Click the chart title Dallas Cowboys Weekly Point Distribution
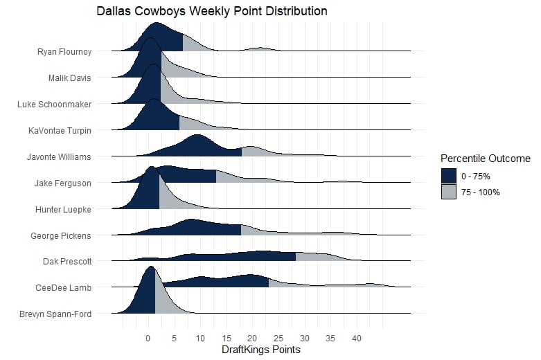click(212, 12)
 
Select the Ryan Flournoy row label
click(64, 51)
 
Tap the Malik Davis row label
click(70, 78)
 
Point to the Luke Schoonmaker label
click(54, 104)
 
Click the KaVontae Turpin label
click(60, 130)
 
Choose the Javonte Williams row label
click(58, 156)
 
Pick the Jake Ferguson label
click(63, 183)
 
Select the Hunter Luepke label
click(64, 209)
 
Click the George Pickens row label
click(61, 235)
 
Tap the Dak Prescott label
click(66, 262)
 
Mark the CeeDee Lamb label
click(64, 287)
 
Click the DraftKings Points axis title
click(261, 350)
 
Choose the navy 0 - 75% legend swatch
click(449, 177)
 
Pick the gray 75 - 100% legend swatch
click(449, 192)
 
